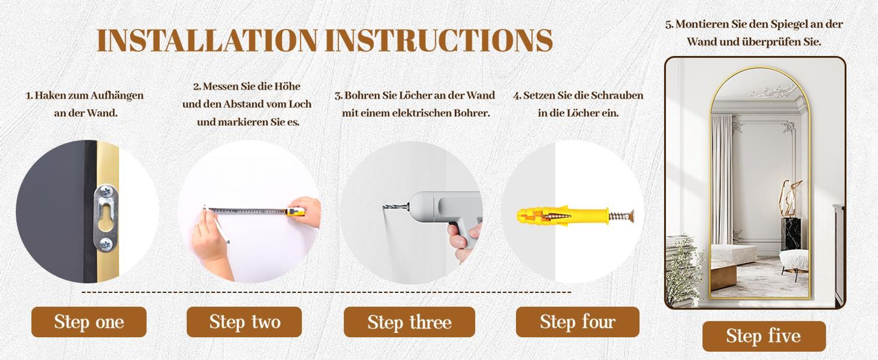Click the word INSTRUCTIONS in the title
click(x=439, y=40)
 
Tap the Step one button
click(x=89, y=322)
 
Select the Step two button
click(x=244, y=322)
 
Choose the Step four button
click(x=577, y=322)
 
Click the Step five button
click(x=764, y=336)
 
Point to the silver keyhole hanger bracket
click(x=107, y=218)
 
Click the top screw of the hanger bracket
click(x=106, y=191)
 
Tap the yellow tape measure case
click(x=295, y=212)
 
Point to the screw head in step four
click(x=632, y=216)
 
